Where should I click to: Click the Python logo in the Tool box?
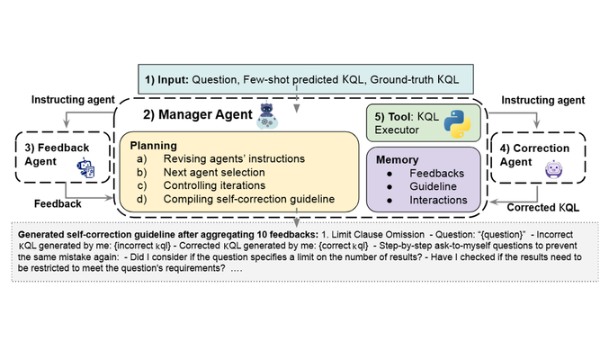[457, 123]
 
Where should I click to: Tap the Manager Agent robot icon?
[266, 116]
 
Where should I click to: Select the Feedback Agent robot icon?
[85, 167]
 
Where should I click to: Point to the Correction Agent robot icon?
[554, 169]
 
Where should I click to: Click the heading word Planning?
[154, 146]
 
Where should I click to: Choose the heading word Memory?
[398, 159]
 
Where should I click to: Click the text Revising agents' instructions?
[234, 158]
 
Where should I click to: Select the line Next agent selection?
[214, 172]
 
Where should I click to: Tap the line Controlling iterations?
[214, 185]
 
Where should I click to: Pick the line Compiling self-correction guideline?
[249, 199]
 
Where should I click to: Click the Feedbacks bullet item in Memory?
[436, 174]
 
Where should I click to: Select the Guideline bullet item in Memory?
[434, 186]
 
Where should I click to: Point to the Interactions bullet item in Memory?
[438, 200]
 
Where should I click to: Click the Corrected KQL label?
[543, 208]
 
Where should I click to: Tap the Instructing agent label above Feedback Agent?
[73, 100]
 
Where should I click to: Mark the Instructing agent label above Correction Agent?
[543, 100]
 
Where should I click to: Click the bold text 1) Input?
[166, 80]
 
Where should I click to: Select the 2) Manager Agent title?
[198, 114]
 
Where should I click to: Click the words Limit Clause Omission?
[378, 235]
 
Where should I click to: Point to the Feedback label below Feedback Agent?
[58, 203]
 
